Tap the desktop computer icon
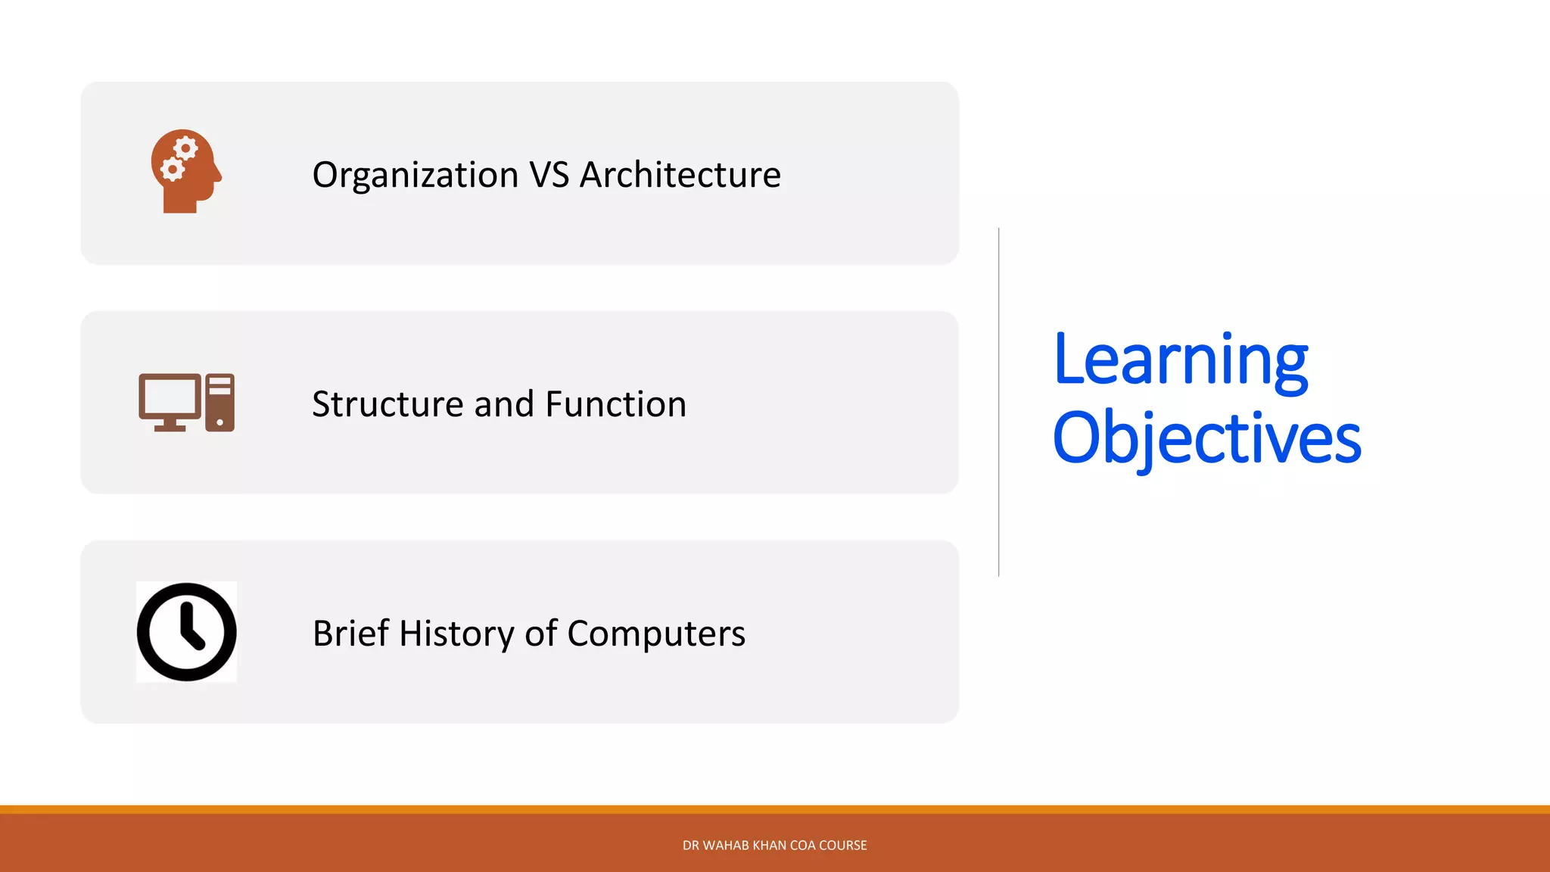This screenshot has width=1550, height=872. [186, 402]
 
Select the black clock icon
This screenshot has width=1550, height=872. [186, 632]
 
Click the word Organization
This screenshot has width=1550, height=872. [415, 176]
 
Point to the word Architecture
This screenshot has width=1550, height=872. [680, 175]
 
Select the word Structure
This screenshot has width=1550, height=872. [387, 404]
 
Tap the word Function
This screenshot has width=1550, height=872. [615, 404]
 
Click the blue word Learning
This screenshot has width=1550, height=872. [1180, 360]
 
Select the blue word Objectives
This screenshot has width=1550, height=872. [1206, 439]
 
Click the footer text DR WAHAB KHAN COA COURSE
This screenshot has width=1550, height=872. [774, 846]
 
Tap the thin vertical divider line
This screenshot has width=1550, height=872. [999, 401]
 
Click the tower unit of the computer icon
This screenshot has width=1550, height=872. [219, 402]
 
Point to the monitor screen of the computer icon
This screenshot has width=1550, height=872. [170, 396]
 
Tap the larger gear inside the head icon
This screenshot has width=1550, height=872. [185, 148]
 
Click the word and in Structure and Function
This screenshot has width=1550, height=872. [503, 404]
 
